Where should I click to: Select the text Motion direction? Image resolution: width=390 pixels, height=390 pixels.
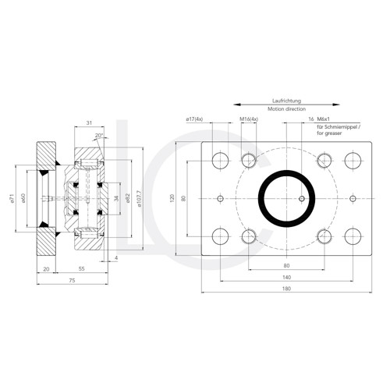pos(286,111)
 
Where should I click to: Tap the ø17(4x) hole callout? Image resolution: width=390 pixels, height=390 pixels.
pos(195,119)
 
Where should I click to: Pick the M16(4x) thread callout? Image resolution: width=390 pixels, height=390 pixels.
pos(249,119)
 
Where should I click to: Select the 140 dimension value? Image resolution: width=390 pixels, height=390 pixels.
pos(286,277)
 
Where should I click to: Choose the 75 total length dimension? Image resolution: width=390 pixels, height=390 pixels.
pos(71,278)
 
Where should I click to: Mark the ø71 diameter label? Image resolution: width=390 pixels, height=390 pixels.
pos(13,198)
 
